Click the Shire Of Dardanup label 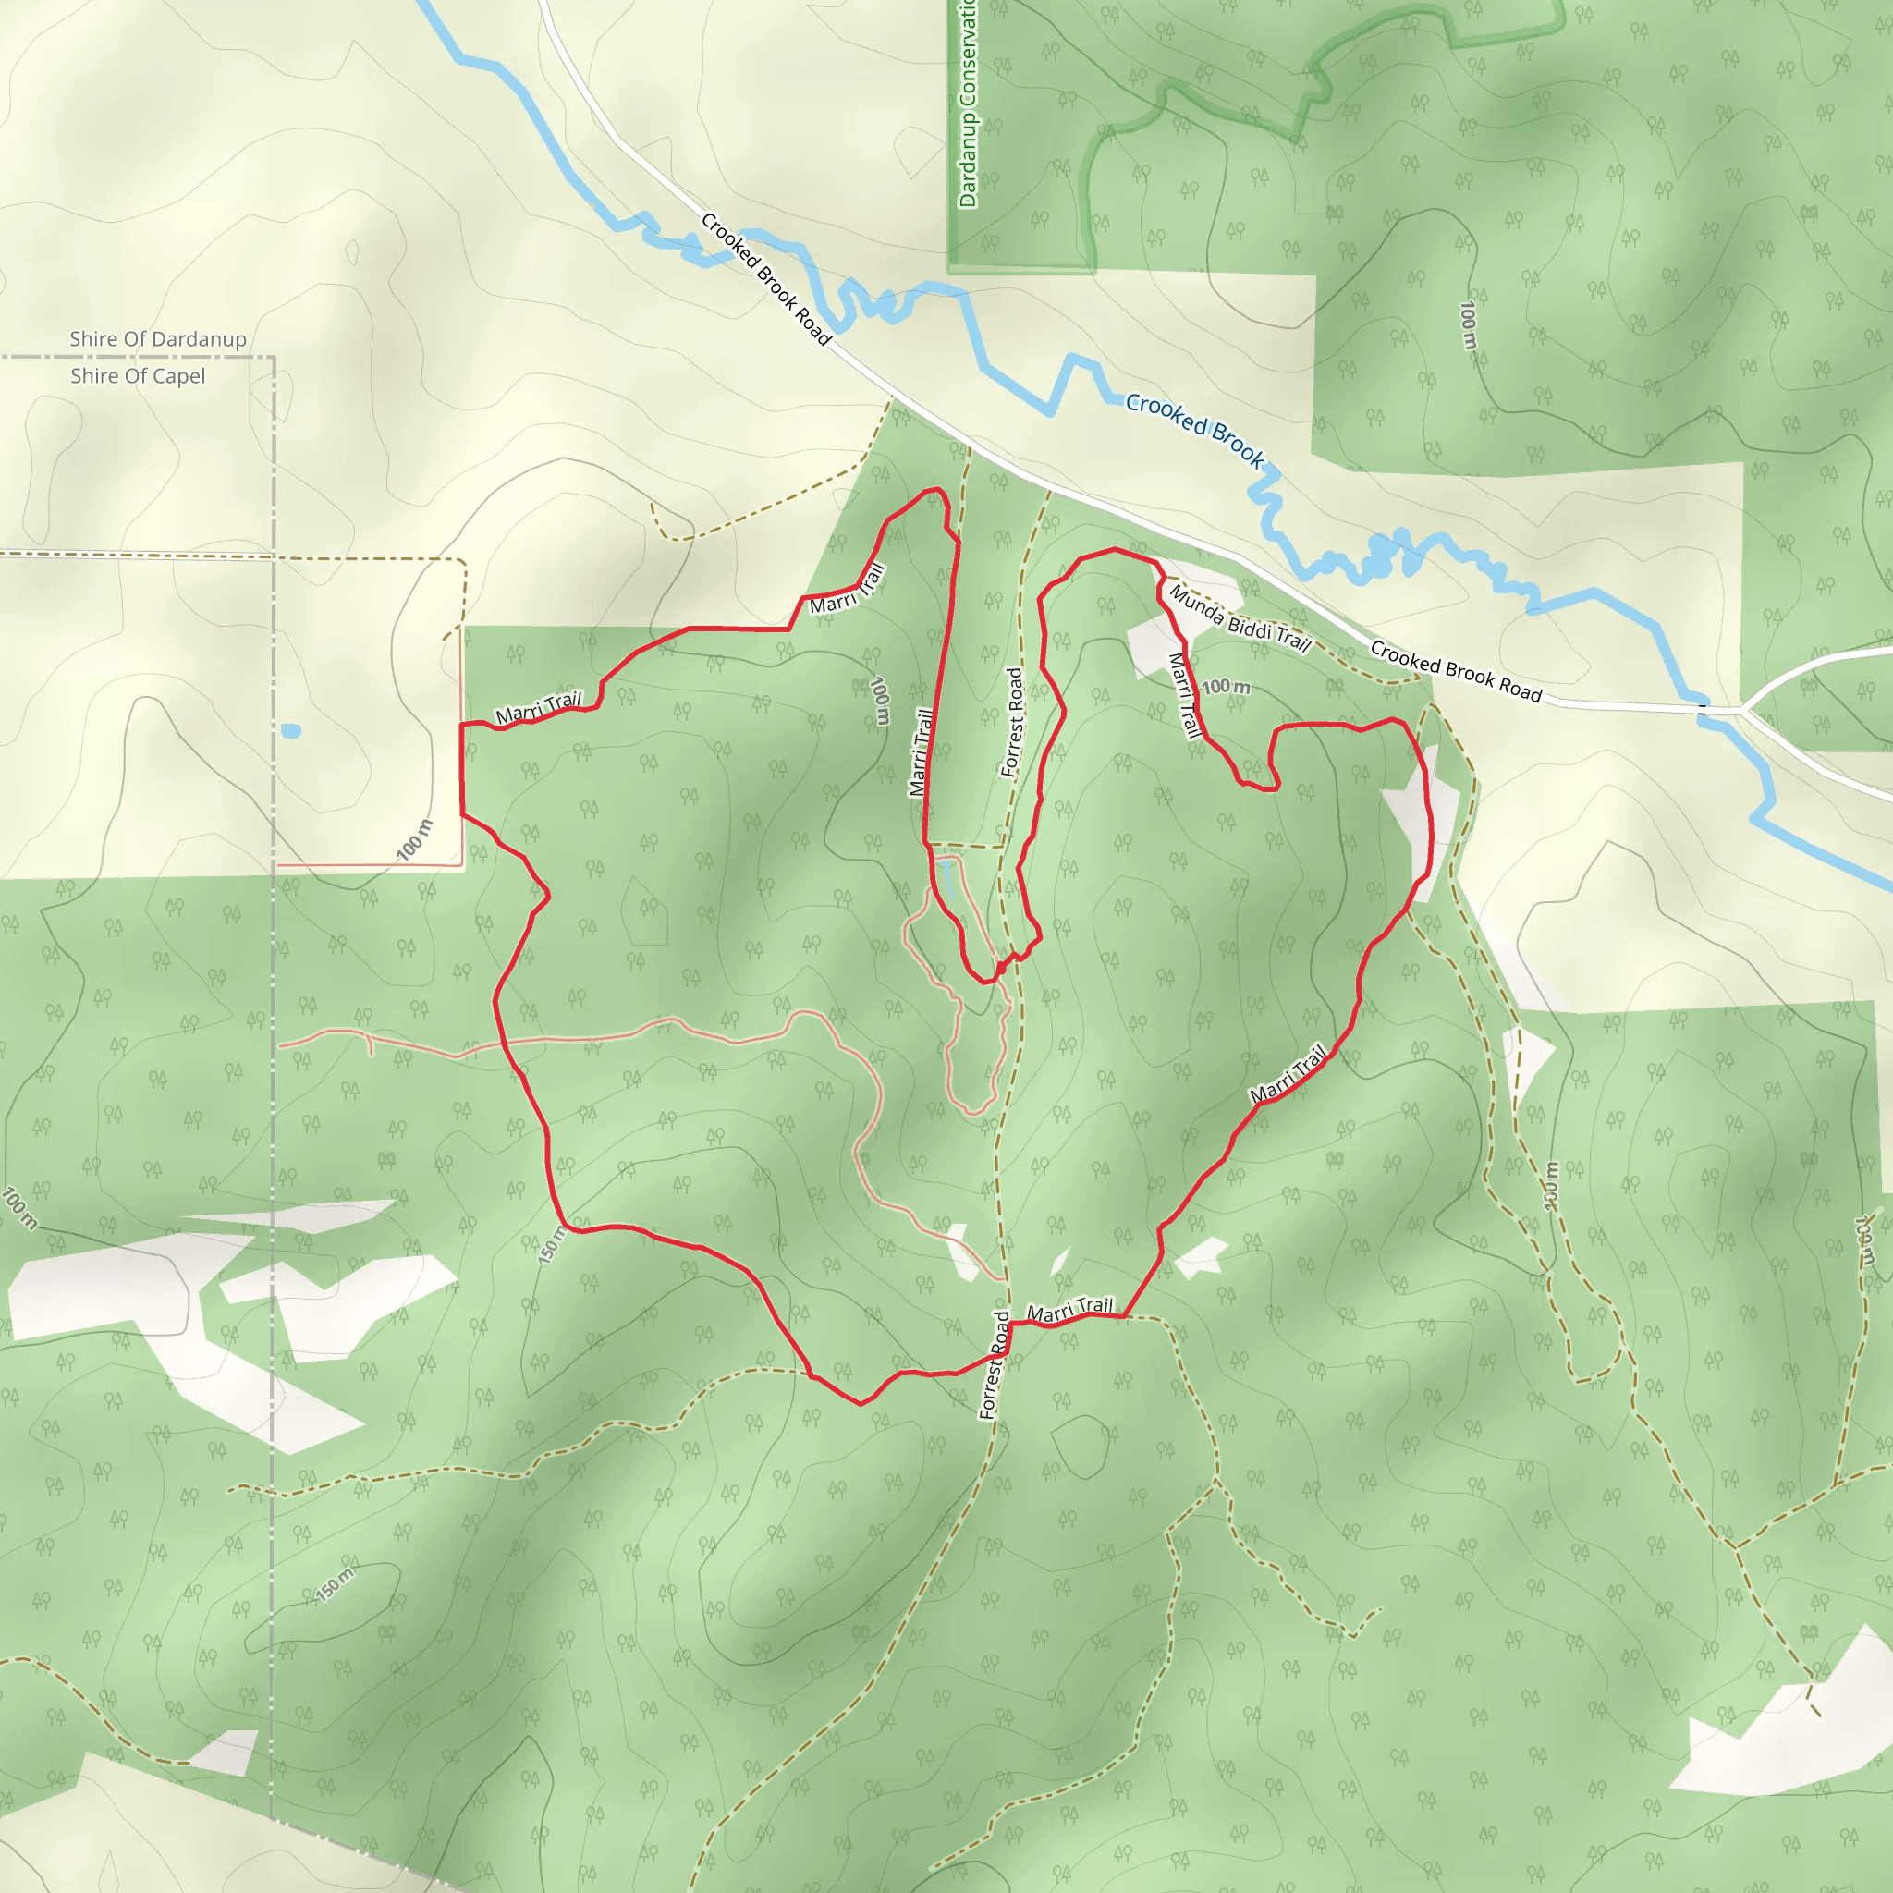point(158,339)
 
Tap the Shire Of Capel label point(138,376)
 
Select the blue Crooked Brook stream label point(1194,429)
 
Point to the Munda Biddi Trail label point(1240,619)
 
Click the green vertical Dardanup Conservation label point(968,103)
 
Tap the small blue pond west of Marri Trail point(290,731)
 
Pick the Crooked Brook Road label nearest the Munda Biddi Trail point(1455,671)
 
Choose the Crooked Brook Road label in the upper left point(766,279)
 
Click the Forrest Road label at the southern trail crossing point(995,1364)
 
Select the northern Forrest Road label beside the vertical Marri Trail point(1013,722)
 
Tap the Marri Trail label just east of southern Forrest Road point(1070,1309)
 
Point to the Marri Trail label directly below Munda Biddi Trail point(1185,695)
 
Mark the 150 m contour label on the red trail point(553,1243)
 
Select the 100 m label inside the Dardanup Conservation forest point(1468,325)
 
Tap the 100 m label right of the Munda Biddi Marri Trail point(1227,687)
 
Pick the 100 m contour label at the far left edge point(19,1207)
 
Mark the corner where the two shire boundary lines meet point(274,358)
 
